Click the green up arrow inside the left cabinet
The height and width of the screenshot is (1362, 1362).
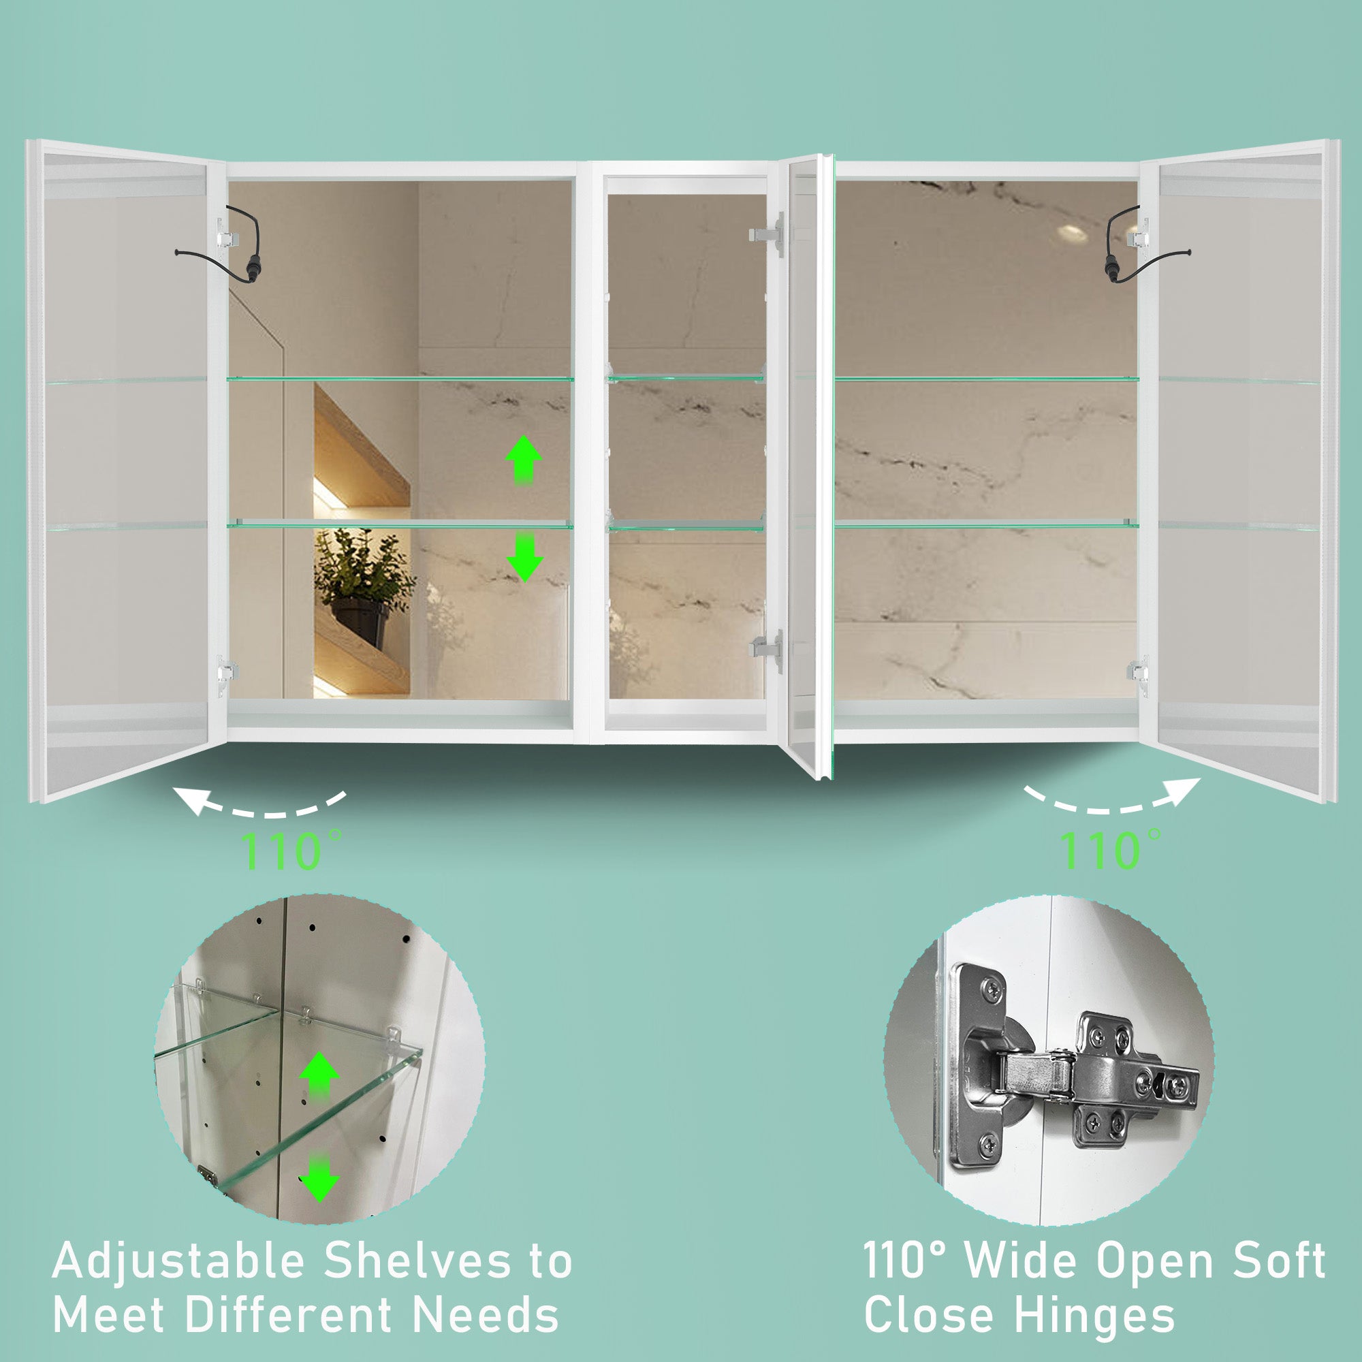coord(524,460)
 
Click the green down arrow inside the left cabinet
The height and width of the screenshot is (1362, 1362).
coord(524,557)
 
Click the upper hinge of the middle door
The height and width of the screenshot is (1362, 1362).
coord(767,234)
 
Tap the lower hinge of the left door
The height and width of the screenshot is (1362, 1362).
coord(226,676)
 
